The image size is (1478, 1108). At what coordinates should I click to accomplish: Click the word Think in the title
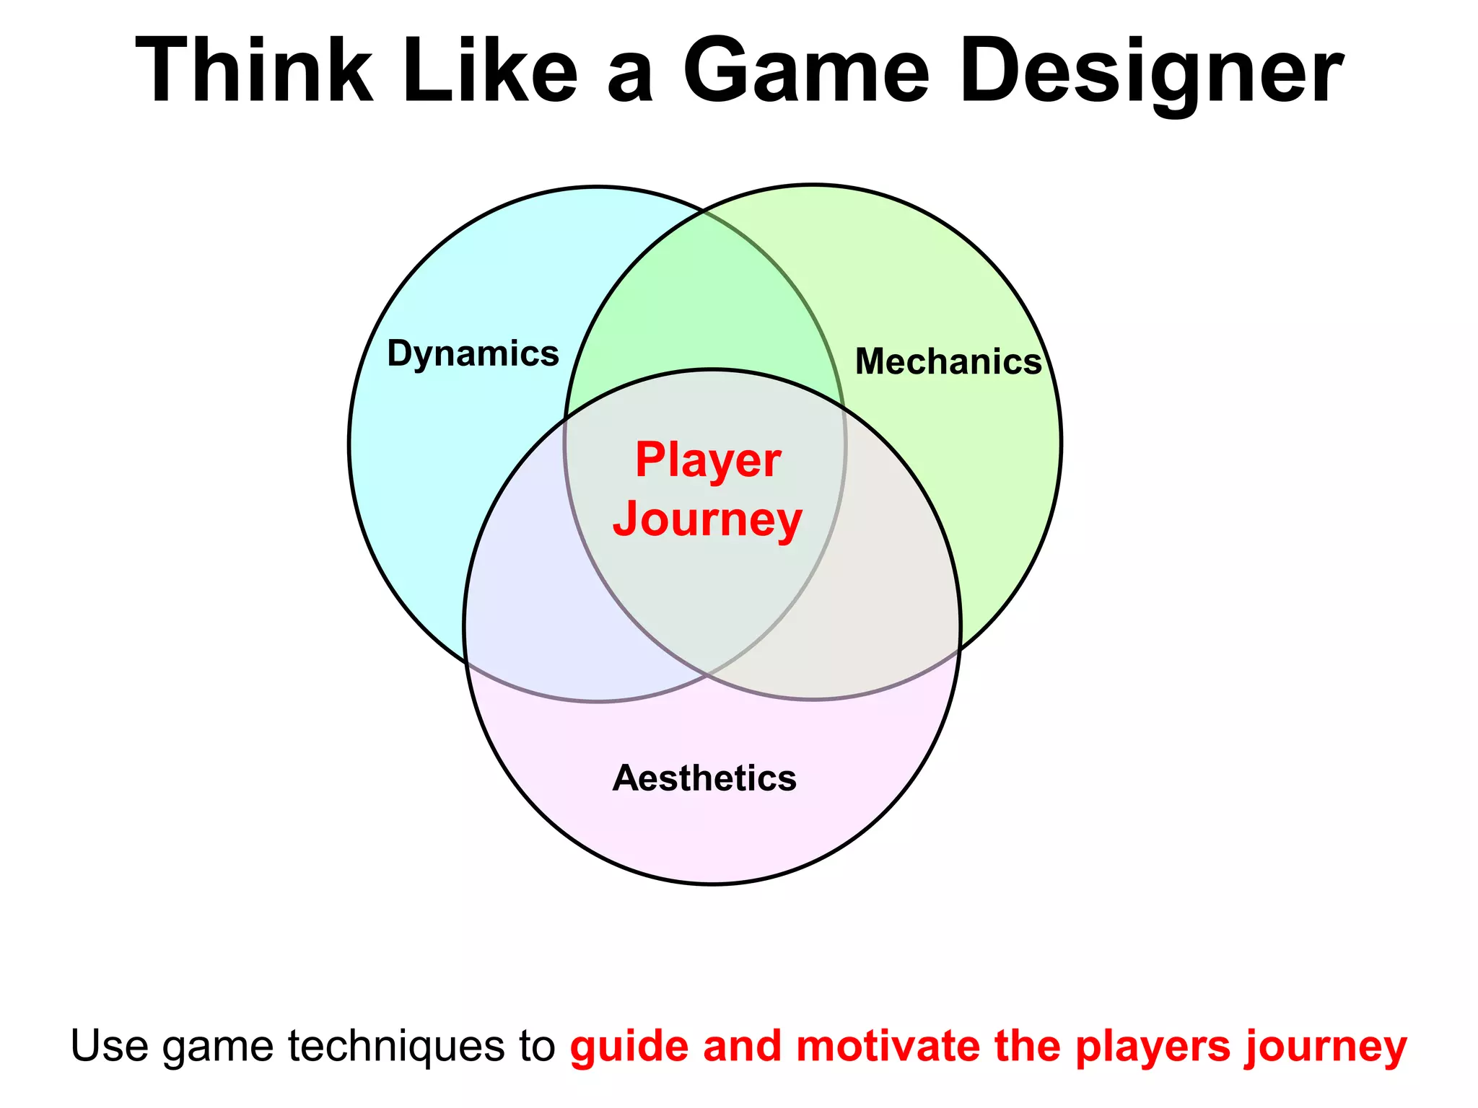(x=254, y=71)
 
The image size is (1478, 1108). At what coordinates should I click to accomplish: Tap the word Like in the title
(x=490, y=71)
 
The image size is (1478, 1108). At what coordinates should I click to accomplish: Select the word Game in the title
(x=806, y=71)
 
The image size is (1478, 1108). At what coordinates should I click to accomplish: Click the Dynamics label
(x=473, y=353)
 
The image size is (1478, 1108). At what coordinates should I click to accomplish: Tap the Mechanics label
(x=948, y=361)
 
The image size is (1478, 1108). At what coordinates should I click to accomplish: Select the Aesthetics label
(x=704, y=778)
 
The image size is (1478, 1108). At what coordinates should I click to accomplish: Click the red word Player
(x=708, y=460)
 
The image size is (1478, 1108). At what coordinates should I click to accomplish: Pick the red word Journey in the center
(x=707, y=519)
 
